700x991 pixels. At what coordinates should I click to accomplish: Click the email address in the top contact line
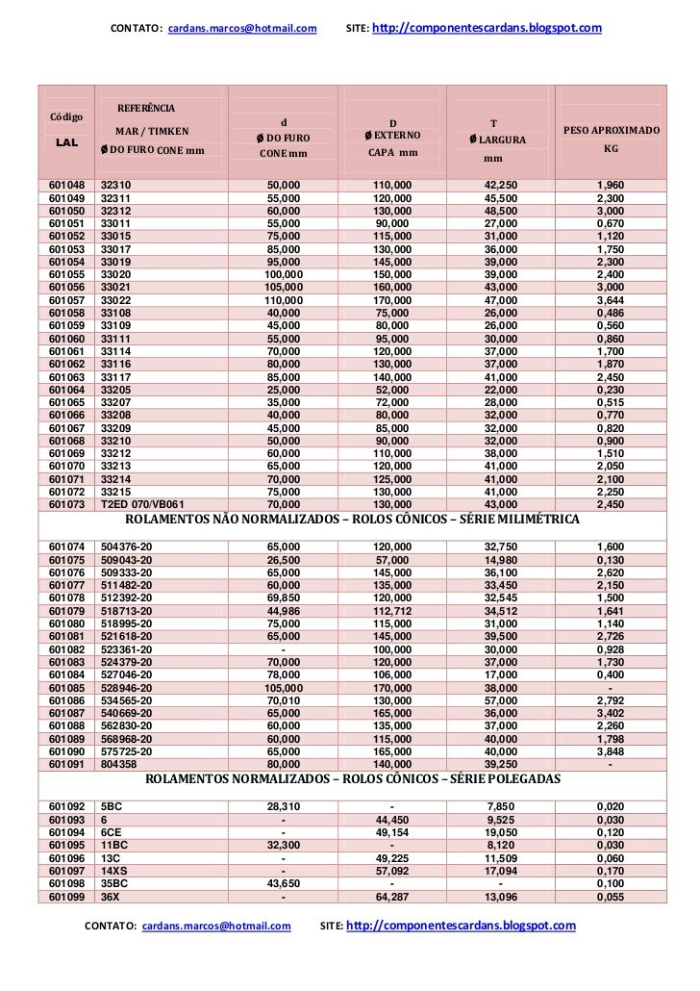(241, 29)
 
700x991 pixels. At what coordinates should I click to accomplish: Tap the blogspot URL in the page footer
(460, 926)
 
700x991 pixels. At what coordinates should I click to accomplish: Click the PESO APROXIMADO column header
(610, 129)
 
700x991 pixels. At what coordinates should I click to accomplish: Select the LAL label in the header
(66, 141)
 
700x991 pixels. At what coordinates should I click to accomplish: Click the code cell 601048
(66, 185)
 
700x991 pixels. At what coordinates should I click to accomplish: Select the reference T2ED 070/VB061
(142, 503)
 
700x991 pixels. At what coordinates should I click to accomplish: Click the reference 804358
(119, 764)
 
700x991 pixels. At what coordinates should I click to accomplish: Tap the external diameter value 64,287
(391, 897)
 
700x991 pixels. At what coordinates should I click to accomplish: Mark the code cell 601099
(66, 897)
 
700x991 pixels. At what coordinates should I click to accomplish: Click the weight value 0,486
(610, 314)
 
